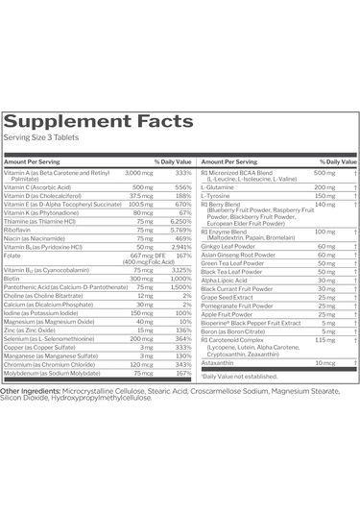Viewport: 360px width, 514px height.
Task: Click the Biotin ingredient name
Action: click(x=13, y=278)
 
